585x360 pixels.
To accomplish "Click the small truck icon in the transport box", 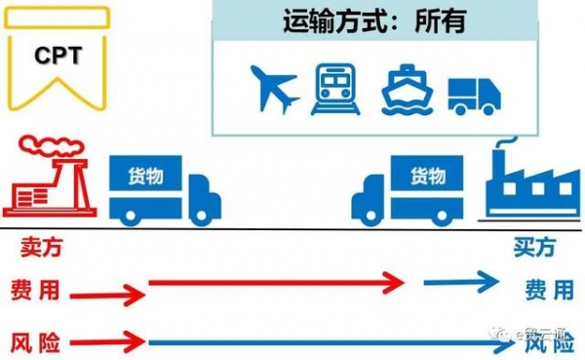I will [x=474, y=94].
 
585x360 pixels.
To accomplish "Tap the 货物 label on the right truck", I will [x=426, y=176].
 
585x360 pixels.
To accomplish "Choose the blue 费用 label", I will [x=549, y=290].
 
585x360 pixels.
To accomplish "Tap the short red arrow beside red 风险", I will [x=107, y=341].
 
